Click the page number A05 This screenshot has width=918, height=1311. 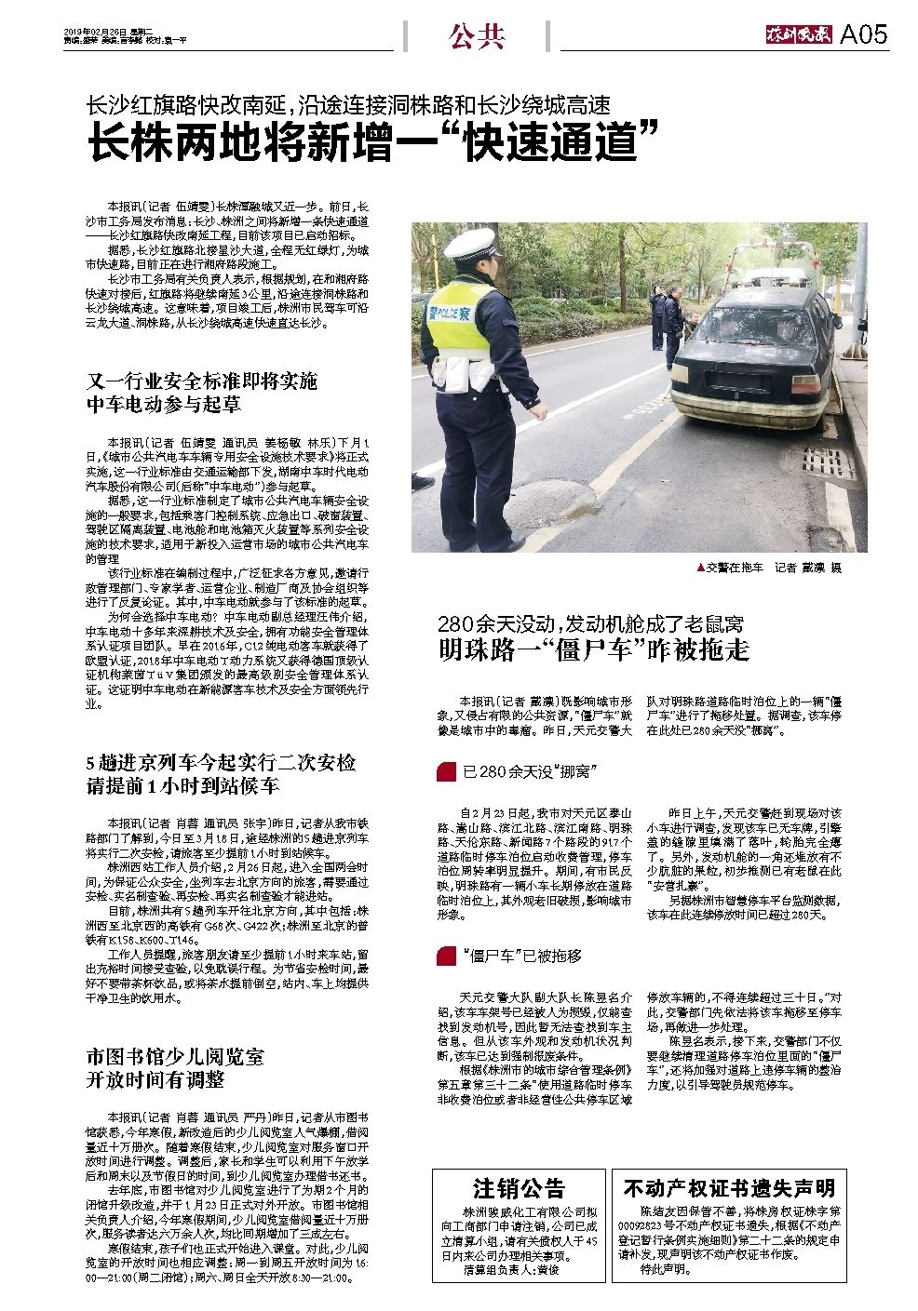[863, 35]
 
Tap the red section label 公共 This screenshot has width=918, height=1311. [477, 37]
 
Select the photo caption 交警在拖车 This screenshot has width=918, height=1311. [735, 567]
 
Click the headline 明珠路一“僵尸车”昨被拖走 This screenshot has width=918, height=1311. [594, 649]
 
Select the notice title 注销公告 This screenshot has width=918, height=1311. [519, 1188]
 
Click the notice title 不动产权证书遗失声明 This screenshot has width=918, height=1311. [729, 1188]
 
